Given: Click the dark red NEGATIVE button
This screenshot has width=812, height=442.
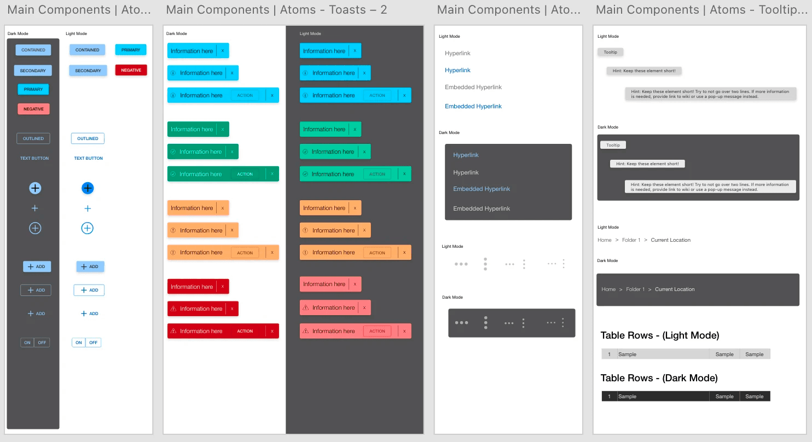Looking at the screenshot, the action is (131, 70).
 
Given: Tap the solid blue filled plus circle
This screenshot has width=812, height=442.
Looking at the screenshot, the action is (88, 188).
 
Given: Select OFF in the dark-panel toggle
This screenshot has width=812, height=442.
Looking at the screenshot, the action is (42, 342).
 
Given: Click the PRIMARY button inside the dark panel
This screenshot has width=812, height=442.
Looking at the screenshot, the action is (33, 89).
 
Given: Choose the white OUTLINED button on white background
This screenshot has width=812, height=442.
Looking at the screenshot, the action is (88, 138).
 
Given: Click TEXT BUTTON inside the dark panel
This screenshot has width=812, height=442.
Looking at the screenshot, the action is (34, 158).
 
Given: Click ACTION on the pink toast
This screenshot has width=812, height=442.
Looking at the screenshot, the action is (377, 331).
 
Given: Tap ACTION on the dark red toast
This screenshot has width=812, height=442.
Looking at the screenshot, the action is (245, 331).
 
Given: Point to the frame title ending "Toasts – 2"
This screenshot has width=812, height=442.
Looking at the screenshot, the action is (276, 10).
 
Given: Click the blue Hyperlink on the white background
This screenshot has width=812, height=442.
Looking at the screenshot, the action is (457, 70).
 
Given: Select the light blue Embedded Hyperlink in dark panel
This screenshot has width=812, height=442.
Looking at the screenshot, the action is (482, 189).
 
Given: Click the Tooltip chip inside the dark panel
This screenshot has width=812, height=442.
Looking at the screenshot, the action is (613, 145).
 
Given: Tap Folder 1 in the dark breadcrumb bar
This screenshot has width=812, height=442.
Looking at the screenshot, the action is (635, 289).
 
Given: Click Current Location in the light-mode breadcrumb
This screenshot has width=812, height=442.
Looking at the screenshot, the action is (670, 240).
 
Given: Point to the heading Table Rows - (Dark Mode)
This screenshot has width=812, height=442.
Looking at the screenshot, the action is (659, 378).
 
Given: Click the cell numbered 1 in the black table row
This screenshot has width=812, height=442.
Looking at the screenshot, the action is (609, 397).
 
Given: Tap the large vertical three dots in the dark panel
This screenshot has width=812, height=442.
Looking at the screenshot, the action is (485, 323).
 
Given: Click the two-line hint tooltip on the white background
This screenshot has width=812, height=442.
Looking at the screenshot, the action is (710, 94).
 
